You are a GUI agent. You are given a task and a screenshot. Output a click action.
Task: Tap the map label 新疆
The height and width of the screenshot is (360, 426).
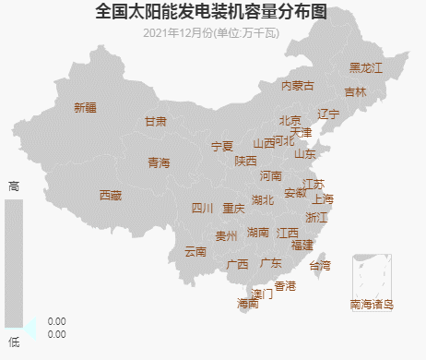[85, 107]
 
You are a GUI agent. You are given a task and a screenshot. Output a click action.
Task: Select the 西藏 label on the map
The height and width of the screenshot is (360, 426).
[111, 195]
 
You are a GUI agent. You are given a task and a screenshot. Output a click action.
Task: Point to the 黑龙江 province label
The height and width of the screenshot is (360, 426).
[365, 68]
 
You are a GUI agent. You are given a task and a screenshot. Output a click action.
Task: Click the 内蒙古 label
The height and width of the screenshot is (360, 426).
[298, 86]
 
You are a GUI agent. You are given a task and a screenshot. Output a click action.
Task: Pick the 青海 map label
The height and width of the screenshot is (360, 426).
[159, 163]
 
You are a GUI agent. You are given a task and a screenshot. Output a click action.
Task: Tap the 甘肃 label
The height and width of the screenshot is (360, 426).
[156, 122]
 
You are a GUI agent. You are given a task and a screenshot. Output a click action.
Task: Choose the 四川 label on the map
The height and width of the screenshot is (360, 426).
[202, 208]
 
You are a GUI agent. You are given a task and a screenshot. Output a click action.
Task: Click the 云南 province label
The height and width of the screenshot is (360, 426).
[195, 251]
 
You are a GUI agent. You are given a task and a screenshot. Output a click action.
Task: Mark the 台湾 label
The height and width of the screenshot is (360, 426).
[319, 266]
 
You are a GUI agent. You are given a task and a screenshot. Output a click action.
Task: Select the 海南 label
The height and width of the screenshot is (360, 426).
[248, 303]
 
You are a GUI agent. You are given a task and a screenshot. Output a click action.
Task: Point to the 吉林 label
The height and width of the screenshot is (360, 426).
[355, 92]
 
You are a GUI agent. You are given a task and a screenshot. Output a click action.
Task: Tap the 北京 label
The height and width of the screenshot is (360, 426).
[290, 120]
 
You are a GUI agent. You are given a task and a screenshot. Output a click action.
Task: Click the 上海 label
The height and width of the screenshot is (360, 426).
[323, 198]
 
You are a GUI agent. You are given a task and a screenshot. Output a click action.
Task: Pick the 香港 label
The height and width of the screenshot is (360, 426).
[285, 286]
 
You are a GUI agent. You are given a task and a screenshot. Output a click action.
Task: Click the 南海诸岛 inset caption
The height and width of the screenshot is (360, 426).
[372, 304]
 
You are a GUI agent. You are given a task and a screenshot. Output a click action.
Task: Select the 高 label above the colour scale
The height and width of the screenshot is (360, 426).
[13, 186]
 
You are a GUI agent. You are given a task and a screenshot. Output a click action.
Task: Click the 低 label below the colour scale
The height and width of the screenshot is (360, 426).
[13, 342]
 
